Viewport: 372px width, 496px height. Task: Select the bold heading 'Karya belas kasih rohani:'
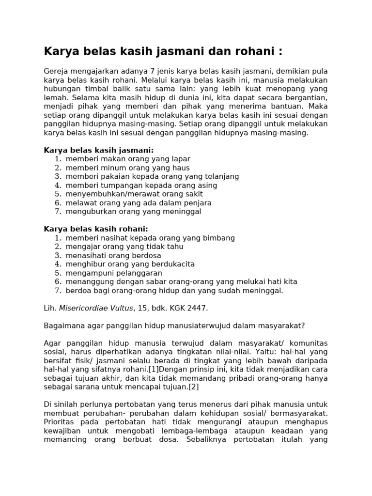[x=96, y=229]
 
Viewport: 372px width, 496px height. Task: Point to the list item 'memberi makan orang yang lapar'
[x=128, y=159]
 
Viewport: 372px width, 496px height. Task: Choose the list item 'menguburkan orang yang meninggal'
[x=133, y=212]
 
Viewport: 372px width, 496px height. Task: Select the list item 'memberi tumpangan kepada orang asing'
[x=141, y=185]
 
